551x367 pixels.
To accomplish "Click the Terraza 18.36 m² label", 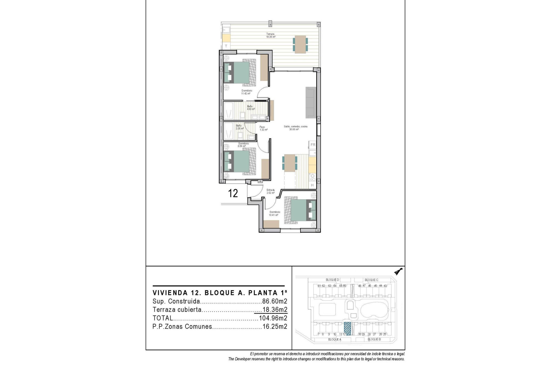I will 271,36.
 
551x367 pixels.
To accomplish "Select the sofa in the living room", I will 311,102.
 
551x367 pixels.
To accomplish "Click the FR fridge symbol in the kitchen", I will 313,145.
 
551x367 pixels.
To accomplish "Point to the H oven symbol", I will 313,186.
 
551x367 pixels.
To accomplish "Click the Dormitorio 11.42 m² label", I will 247,92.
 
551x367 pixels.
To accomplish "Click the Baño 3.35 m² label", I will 239,127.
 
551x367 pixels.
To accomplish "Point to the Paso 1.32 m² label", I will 263,128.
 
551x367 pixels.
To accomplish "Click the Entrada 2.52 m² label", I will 270,191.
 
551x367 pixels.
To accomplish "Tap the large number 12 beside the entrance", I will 233,194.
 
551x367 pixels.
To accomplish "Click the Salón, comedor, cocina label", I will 295,128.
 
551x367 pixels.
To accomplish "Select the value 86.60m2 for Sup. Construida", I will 275,301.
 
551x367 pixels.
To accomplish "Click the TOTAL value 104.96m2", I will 273,318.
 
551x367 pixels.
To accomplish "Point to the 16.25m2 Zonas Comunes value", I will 275,326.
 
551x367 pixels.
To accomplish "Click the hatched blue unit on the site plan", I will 347,329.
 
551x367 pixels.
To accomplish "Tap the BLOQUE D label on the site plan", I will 332,280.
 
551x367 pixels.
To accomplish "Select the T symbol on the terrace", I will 226,46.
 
